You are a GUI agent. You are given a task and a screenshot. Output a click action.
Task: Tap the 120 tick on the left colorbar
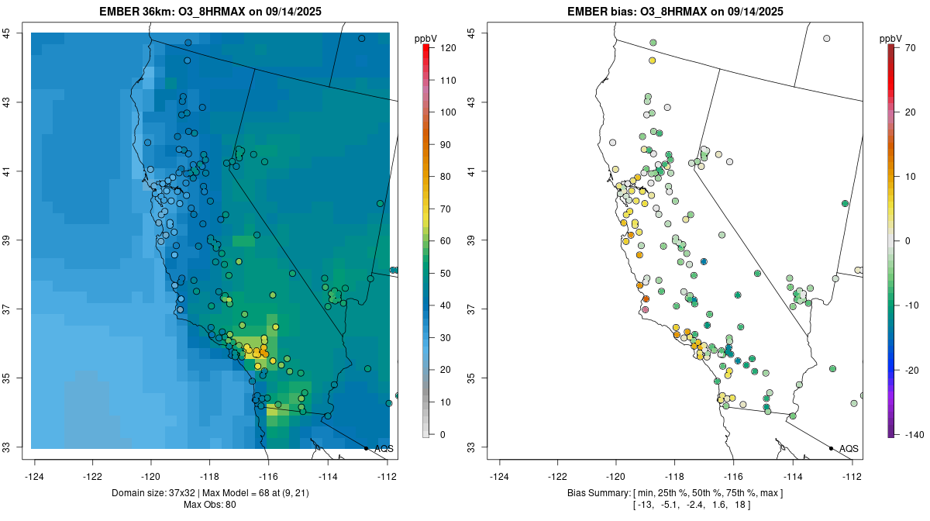[447, 48]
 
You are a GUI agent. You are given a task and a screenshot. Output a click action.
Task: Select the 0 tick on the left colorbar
[443, 434]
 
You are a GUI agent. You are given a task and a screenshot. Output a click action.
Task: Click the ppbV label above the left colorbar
[425, 38]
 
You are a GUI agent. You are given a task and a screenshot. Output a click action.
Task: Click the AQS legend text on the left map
[384, 449]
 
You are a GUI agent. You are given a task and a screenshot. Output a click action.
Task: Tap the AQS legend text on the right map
[849, 449]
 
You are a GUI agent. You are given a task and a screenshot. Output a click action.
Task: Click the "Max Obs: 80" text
[209, 505]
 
